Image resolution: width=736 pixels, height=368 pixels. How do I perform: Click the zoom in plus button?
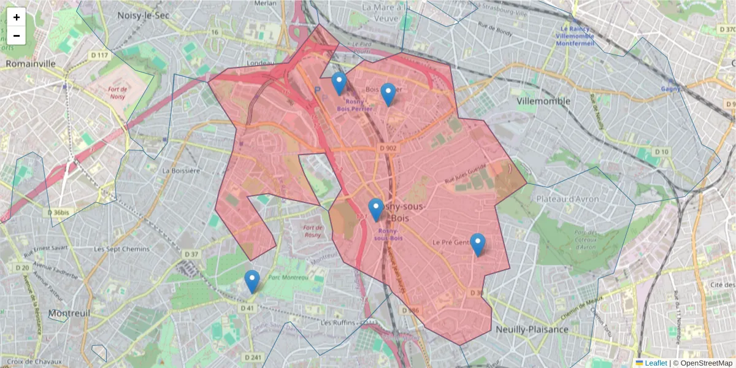click(x=17, y=17)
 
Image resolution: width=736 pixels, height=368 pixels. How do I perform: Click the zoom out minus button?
click(x=17, y=36)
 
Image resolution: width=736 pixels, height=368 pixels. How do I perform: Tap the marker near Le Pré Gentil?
click(x=477, y=245)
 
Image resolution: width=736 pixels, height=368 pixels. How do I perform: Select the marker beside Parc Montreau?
click(x=251, y=282)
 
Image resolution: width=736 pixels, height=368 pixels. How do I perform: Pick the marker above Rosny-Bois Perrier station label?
click(x=339, y=83)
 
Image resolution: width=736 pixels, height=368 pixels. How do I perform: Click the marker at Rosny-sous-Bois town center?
click(x=376, y=210)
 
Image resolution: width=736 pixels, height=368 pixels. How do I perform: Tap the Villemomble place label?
click(x=543, y=101)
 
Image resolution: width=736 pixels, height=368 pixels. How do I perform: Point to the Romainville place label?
click(x=31, y=63)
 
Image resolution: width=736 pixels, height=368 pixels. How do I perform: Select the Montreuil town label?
click(x=69, y=313)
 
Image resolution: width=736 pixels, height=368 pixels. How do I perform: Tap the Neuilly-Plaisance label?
click(x=532, y=329)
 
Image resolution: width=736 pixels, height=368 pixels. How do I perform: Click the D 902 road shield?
click(x=389, y=148)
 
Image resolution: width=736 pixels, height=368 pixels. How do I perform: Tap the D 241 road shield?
click(x=253, y=357)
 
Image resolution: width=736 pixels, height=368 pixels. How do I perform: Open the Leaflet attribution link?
click(x=655, y=362)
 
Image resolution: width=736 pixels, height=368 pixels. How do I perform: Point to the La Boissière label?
click(x=181, y=171)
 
